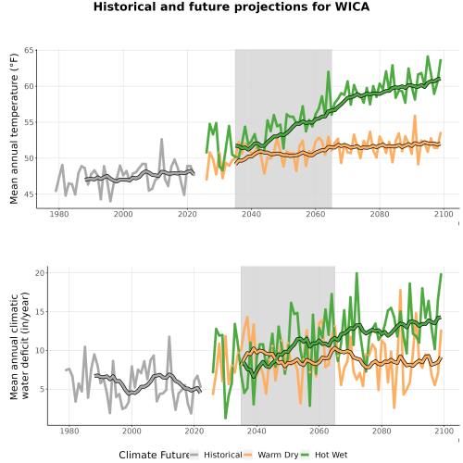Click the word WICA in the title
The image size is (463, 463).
click(x=352, y=6)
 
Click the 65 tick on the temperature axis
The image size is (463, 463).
click(x=29, y=50)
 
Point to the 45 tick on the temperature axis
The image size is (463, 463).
click(x=29, y=194)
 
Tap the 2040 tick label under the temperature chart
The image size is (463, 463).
click(x=251, y=214)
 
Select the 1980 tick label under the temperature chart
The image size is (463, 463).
click(x=59, y=214)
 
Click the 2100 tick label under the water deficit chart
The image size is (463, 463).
click(x=444, y=431)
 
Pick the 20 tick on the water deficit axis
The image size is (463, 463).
click(x=40, y=273)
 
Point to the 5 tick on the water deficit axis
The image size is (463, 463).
click(x=42, y=389)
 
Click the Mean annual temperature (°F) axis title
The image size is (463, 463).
click(x=14, y=129)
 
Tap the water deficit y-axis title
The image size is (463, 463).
click(x=19, y=345)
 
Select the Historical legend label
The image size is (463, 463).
click(x=223, y=455)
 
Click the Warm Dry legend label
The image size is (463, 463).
click(x=278, y=455)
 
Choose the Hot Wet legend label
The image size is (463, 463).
click(x=331, y=455)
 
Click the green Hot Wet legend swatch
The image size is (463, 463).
click(x=305, y=455)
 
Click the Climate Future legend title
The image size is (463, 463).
click(x=154, y=455)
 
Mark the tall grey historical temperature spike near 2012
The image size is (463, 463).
click(x=161, y=140)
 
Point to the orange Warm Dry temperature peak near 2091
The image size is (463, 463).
click(x=415, y=116)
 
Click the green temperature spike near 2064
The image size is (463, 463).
click(x=329, y=72)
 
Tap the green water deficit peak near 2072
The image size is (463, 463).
click(x=357, y=273)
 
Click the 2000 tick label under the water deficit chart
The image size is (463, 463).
click(x=131, y=431)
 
